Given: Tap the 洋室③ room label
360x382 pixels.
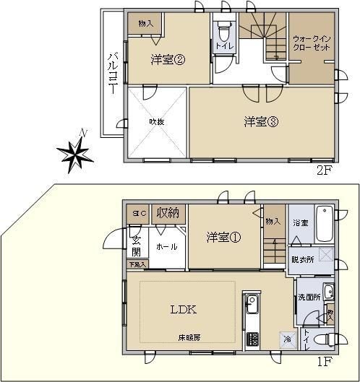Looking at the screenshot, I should click(261, 122).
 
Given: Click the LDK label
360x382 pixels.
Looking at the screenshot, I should click(184, 310).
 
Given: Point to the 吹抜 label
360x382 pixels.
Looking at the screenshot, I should click(157, 122).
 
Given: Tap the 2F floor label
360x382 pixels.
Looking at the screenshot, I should click(323, 171).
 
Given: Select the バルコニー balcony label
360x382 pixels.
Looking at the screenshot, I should click(112, 72).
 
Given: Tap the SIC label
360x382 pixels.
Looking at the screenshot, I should click(137, 213).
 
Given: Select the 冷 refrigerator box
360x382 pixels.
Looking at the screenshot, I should click(288, 339).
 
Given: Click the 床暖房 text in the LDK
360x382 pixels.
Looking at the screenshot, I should click(189, 337).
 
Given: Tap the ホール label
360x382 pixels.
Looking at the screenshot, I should click(166, 247).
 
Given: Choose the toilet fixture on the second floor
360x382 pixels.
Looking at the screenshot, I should click(223, 34).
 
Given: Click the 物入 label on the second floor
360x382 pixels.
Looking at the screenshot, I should click(145, 24).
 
